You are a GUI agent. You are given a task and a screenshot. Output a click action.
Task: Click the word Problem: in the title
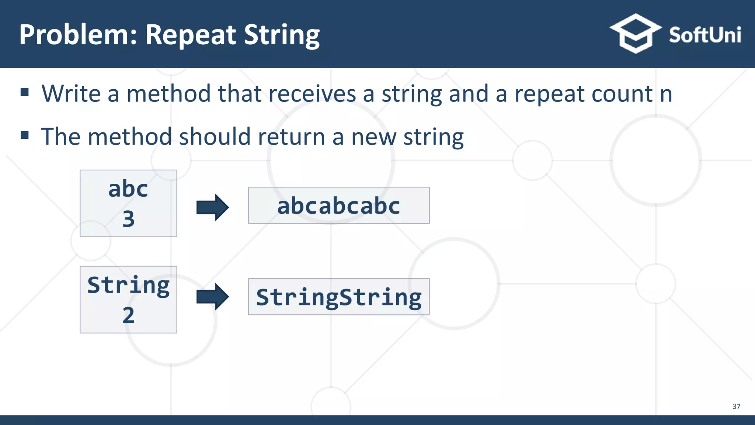(78, 35)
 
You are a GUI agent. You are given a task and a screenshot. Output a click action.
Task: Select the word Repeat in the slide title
(191, 35)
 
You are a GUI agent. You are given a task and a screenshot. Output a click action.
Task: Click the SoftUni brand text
(705, 35)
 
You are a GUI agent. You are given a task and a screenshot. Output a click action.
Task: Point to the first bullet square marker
(25, 92)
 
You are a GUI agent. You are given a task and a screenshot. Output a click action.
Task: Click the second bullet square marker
(25, 135)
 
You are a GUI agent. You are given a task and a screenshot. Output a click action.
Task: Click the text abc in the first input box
(128, 189)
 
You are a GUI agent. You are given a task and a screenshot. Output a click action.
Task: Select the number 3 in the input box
(128, 219)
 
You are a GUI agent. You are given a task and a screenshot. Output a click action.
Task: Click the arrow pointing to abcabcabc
(212, 207)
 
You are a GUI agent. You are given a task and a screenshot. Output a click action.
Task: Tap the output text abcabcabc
(338, 205)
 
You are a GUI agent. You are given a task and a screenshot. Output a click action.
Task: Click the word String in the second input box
(128, 286)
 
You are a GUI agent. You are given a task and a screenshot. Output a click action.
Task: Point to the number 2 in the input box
(128, 315)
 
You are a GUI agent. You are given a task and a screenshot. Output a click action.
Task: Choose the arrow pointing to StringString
(212, 297)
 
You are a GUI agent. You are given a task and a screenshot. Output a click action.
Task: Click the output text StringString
(338, 297)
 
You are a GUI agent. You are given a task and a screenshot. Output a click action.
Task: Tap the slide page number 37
(736, 406)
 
